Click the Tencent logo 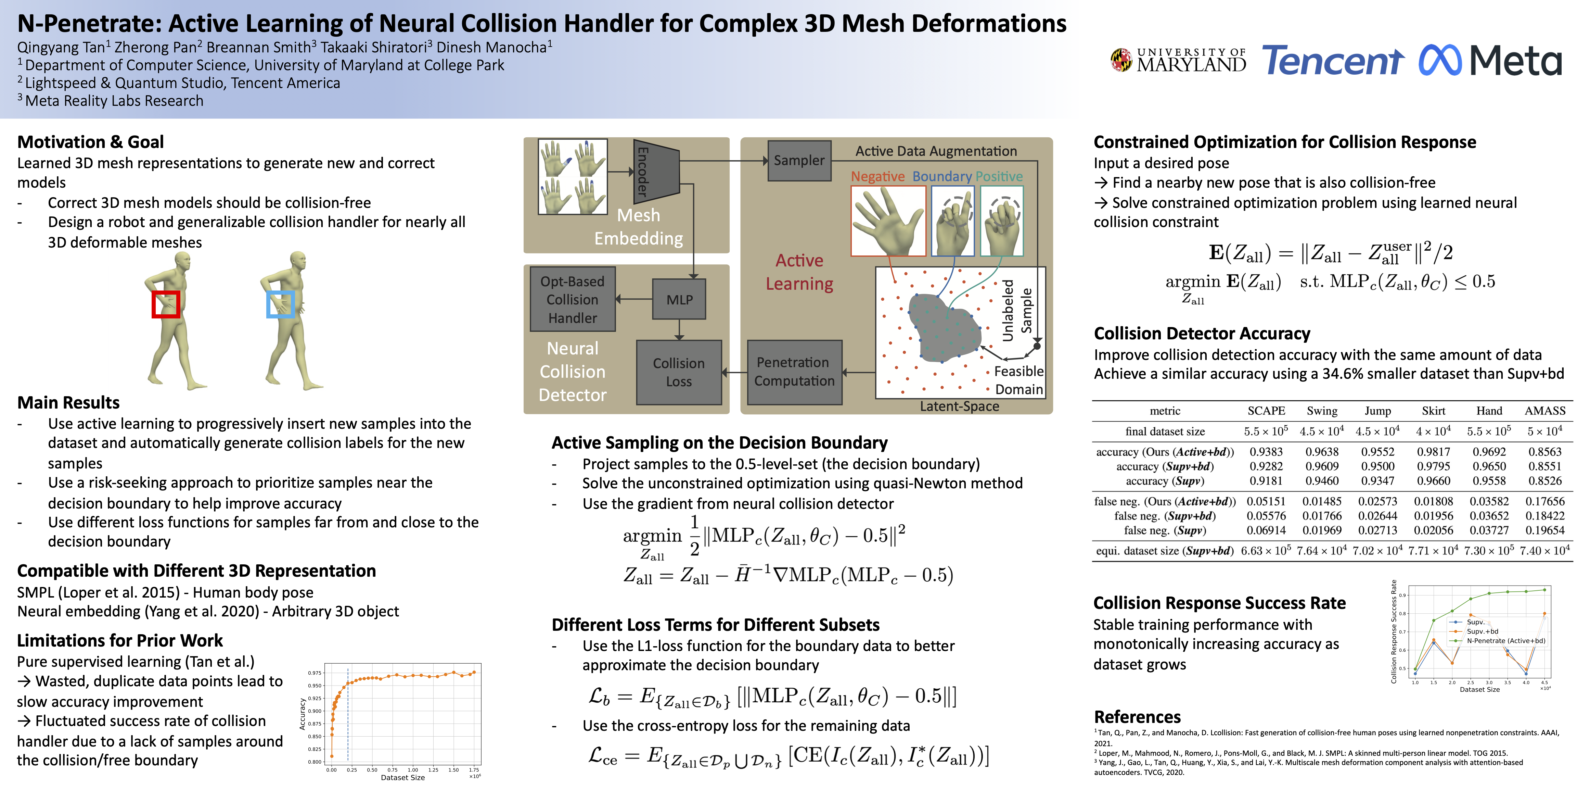[1333, 61]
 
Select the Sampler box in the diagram [799, 161]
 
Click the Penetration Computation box [794, 372]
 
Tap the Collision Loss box [679, 372]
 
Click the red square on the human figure [166, 304]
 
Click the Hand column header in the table [1489, 411]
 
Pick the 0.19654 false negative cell [1544, 530]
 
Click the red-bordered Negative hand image [888, 221]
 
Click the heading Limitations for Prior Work [120, 641]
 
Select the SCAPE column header [1266, 411]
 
